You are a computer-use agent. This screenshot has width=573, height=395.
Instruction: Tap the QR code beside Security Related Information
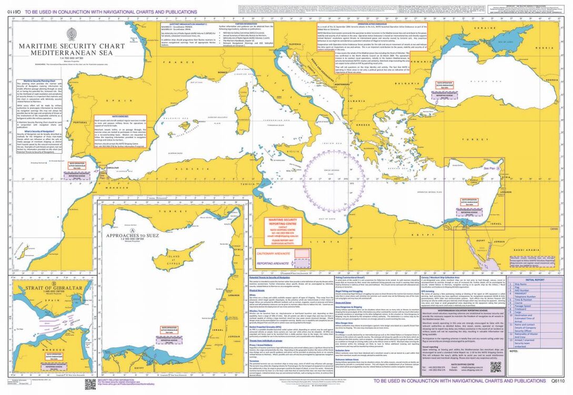pos(91,384)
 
